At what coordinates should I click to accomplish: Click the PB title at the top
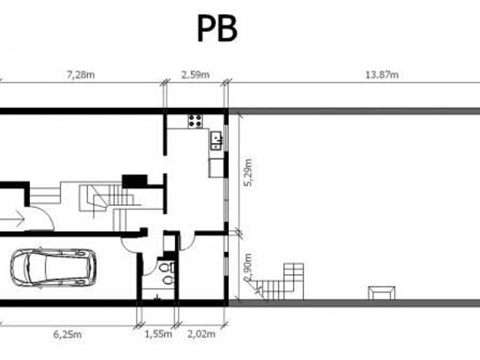(217, 28)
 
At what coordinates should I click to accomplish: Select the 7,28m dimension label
(81, 75)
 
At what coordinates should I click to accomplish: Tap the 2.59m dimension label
(195, 75)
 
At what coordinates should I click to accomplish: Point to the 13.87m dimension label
(382, 75)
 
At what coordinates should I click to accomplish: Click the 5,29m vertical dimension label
(248, 172)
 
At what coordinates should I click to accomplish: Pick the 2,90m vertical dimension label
(248, 267)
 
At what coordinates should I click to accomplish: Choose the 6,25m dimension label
(67, 334)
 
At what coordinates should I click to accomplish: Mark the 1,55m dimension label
(158, 334)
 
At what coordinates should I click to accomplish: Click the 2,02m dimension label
(201, 334)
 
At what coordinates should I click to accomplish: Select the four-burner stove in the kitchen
(195, 121)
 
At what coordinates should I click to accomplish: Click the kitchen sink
(217, 140)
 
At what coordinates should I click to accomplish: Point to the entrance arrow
(12, 219)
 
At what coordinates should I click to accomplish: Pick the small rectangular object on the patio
(382, 293)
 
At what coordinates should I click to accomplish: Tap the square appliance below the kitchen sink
(217, 168)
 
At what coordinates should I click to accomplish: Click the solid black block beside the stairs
(135, 181)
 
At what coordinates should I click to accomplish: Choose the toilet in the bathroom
(166, 268)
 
